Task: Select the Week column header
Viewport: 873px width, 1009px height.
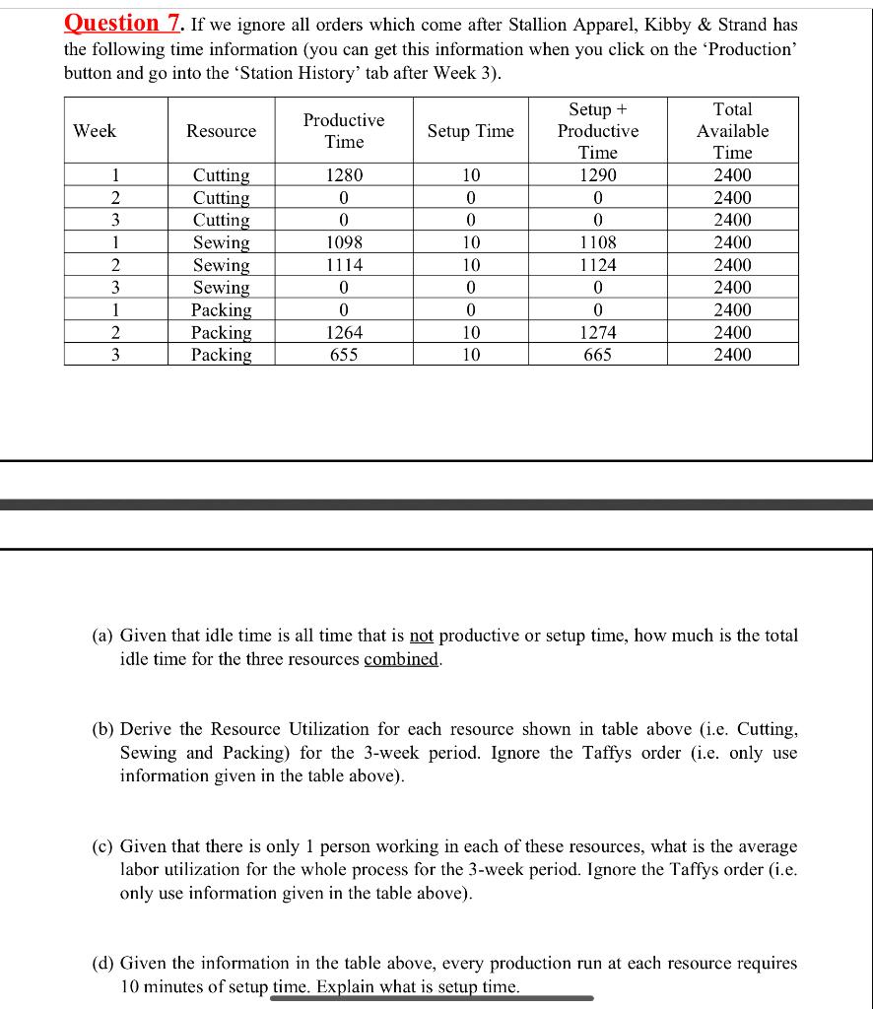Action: point(95,131)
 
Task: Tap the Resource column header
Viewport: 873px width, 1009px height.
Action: point(222,131)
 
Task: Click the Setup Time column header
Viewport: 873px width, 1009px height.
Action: point(470,131)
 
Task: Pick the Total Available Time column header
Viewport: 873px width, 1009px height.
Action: point(732,131)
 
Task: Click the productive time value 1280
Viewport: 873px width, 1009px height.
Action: point(345,175)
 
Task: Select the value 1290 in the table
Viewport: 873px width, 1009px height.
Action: point(597,175)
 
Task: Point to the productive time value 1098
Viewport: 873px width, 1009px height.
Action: point(345,242)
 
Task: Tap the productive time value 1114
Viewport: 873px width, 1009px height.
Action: point(345,265)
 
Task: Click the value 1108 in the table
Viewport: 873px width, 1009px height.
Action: point(597,242)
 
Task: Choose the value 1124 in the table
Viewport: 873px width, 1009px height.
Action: point(597,265)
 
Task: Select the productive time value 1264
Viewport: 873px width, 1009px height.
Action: point(345,333)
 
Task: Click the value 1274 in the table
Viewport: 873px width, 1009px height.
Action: point(597,333)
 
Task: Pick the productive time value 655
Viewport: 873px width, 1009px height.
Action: point(345,355)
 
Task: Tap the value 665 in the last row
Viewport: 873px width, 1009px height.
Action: point(597,355)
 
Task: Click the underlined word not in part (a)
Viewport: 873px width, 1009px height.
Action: point(422,637)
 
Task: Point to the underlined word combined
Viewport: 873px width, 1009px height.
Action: point(401,659)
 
